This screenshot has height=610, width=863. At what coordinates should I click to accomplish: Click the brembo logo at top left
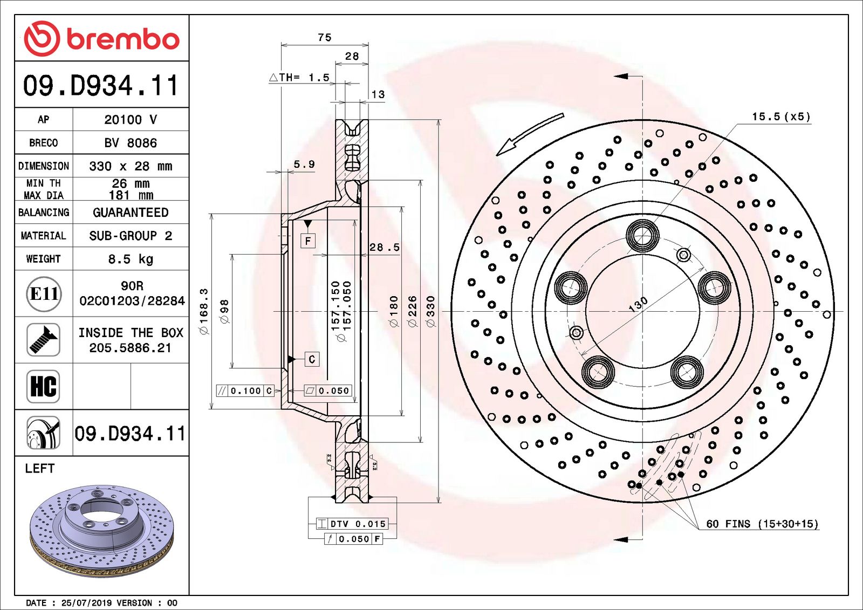(101, 39)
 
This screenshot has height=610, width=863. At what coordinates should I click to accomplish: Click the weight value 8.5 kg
(131, 259)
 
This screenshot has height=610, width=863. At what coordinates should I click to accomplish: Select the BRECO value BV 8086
(131, 143)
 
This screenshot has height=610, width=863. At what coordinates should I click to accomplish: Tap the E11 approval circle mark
(44, 294)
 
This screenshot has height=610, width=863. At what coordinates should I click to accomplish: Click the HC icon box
(43, 386)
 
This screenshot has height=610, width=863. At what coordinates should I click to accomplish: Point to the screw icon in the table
(43, 340)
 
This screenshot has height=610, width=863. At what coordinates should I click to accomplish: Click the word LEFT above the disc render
(39, 468)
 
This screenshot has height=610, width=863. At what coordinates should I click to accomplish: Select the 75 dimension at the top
(325, 37)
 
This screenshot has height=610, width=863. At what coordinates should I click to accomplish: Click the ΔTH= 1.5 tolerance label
(300, 78)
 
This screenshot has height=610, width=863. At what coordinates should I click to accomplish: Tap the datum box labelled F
(308, 241)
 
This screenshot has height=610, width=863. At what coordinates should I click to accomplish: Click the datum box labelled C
(312, 359)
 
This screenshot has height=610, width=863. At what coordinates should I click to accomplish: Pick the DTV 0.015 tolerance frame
(352, 524)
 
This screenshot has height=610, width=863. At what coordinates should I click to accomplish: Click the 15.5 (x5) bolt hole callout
(781, 116)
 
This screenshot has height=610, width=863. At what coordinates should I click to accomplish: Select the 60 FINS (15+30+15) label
(762, 524)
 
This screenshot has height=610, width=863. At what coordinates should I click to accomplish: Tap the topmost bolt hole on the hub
(642, 236)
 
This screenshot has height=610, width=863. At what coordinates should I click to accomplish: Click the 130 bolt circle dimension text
(638, 304)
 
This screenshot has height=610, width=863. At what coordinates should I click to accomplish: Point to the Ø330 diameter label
(430, 311)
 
